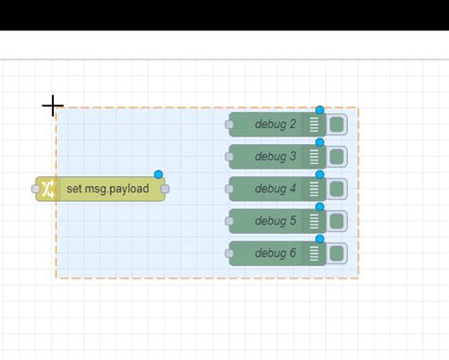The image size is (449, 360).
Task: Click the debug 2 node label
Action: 275,124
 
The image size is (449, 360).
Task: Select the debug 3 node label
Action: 275,156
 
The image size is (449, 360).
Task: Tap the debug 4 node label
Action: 275,189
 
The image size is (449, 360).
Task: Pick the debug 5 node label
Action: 275,221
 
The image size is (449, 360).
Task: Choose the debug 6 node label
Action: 275,253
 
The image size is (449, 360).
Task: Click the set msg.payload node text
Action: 108,189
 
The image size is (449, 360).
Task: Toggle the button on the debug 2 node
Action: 336,124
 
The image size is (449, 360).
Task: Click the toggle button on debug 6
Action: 336,253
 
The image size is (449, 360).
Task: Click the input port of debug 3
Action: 229,156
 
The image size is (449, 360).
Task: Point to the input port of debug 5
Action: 229,221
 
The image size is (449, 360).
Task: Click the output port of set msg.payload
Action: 165,189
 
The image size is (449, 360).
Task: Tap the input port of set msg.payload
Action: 37,189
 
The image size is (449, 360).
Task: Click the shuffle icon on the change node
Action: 48,189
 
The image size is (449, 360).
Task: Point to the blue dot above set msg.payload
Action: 158,174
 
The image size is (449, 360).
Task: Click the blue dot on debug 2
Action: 320,110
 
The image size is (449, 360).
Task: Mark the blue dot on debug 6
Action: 320,239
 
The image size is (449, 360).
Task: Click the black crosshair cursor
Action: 52,105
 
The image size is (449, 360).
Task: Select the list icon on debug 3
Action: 314,156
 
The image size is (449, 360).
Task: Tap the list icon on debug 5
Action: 314,221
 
